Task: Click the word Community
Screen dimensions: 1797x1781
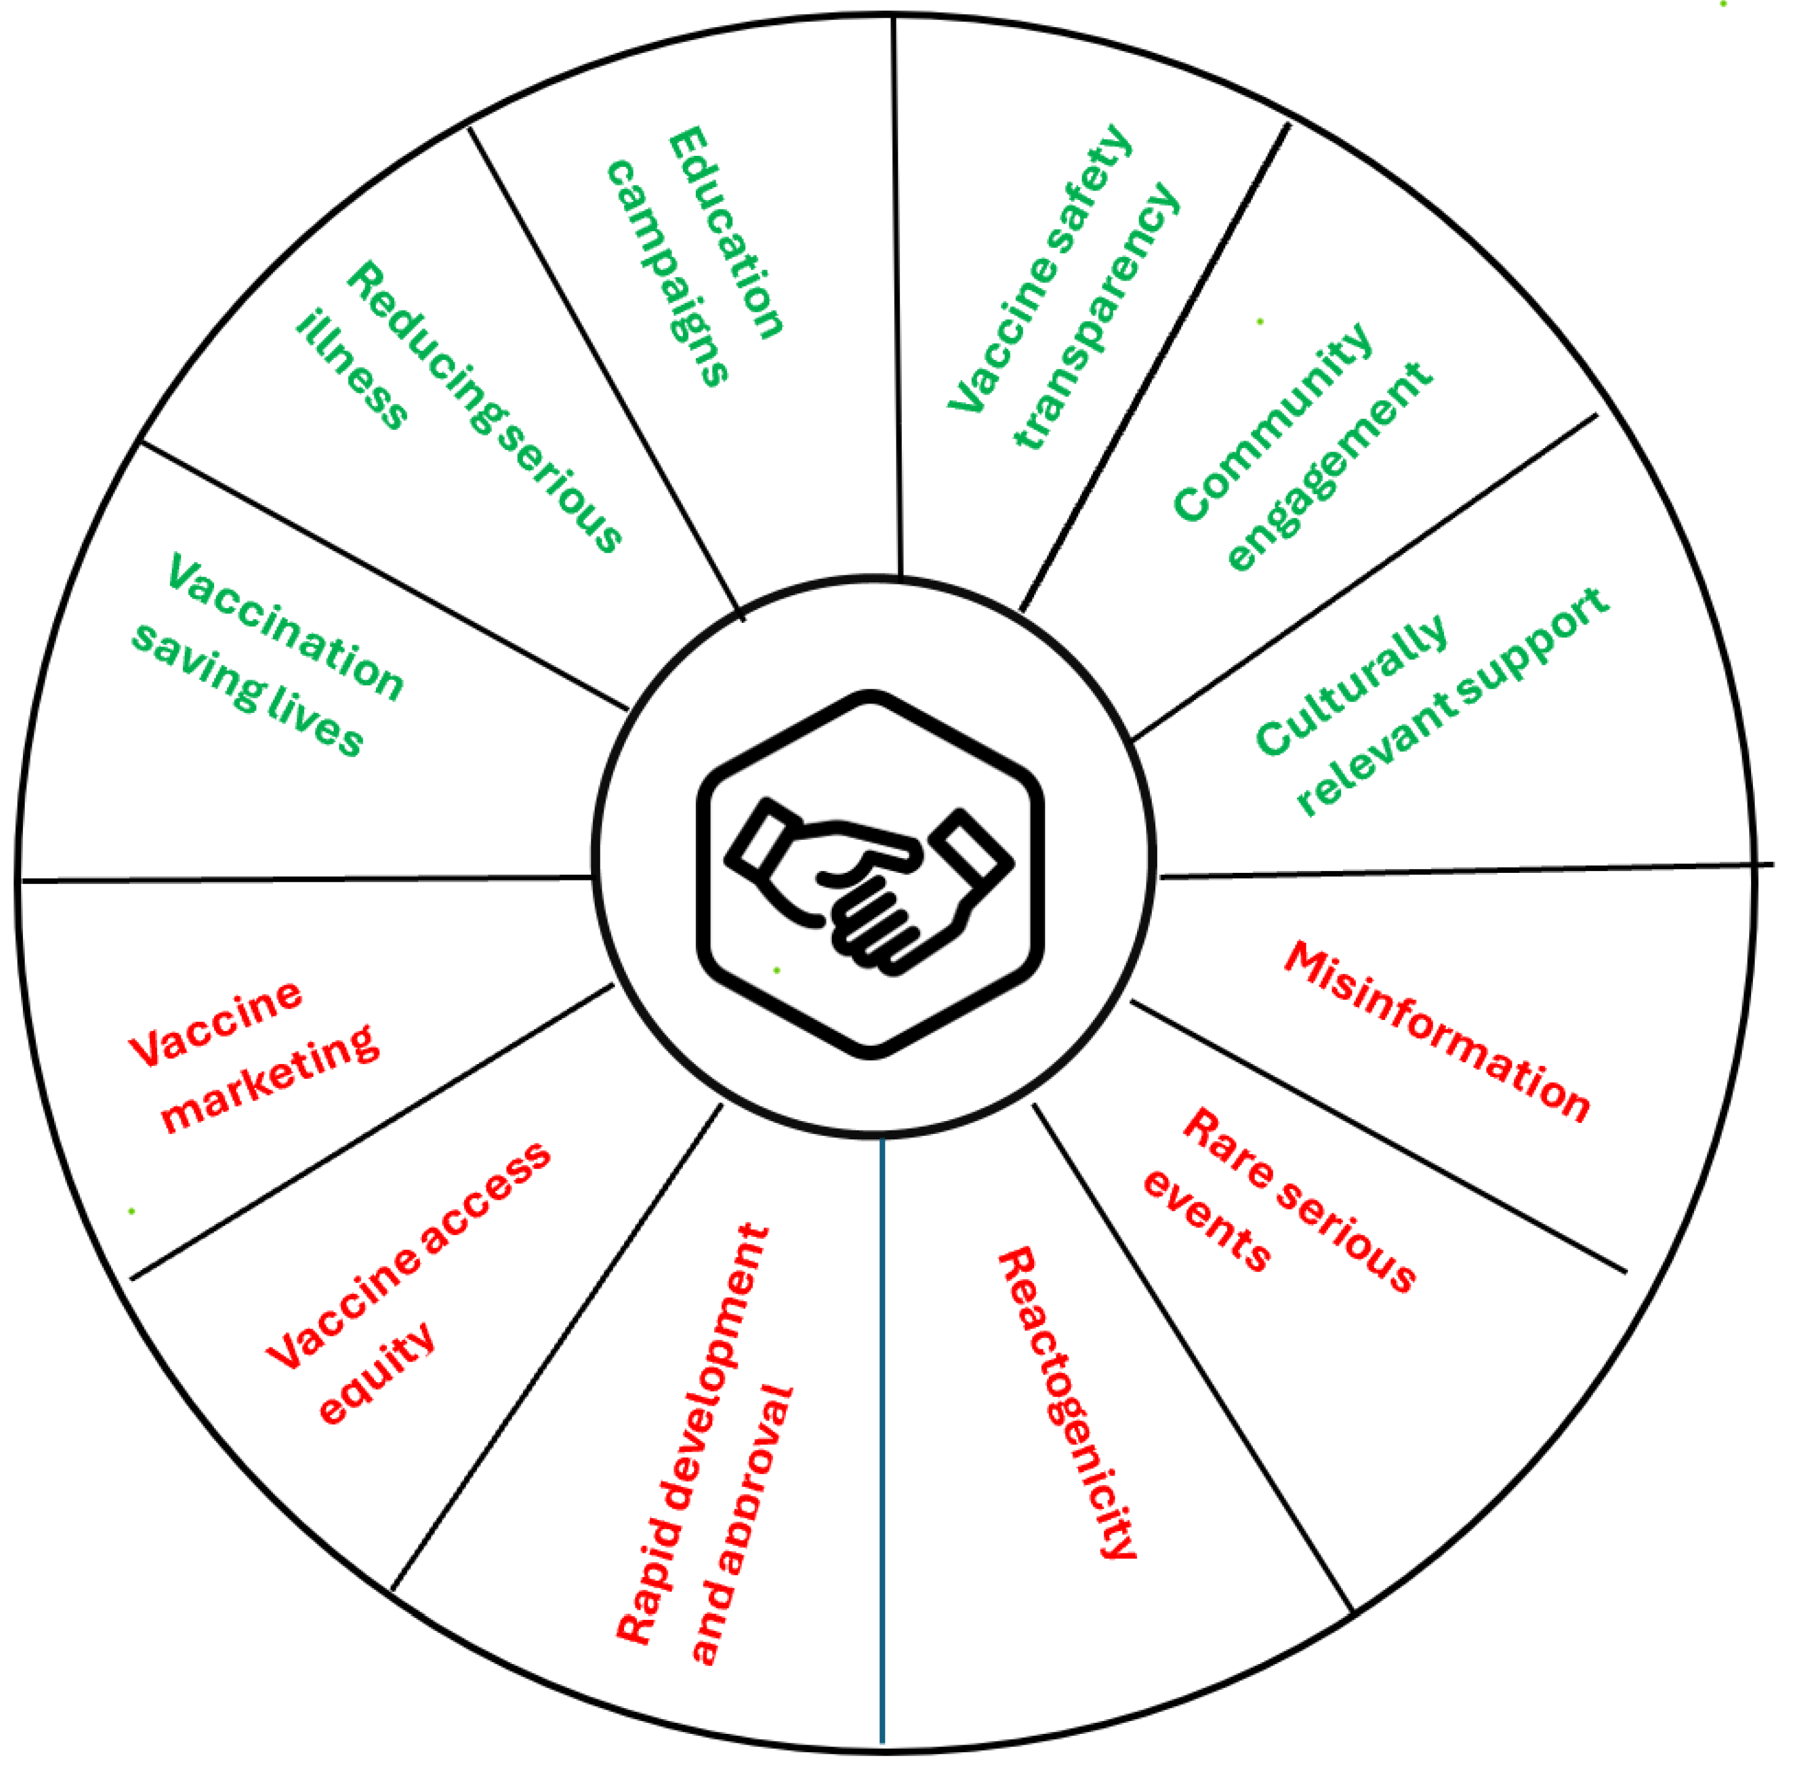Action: pyautogui.click(x=1272, y=422)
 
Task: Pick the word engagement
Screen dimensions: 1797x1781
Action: pyautogui.click(x=1329, y=465)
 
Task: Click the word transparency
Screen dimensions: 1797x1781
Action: pyautogui.click(x=1096, y=316)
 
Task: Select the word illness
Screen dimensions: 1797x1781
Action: pyautogui.click(x=352, y=370)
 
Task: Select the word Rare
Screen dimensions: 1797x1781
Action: pyautogui.click(x=1227, y=1149)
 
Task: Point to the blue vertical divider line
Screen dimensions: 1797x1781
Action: pyautogui.click(x=882, y=1442)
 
